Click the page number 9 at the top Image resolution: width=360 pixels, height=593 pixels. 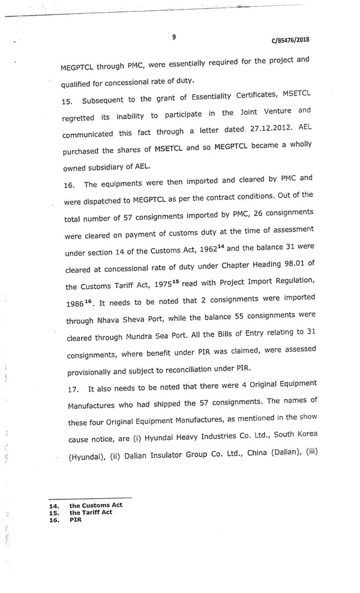tap(174, 37)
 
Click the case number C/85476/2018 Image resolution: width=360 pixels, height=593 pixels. tap(290, 41)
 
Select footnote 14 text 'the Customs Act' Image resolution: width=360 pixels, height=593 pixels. tap(96, 505)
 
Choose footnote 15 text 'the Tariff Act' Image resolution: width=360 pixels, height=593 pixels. tap(91, 512)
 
